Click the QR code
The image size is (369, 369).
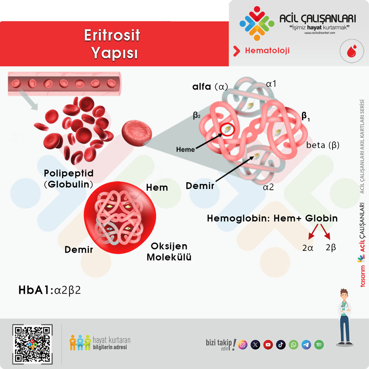32,344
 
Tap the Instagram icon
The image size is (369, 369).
243,345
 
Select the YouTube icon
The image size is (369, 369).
268,345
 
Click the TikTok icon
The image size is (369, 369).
281,345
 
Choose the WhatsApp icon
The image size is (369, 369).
293,345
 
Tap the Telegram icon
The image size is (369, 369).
306,345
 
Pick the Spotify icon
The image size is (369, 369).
319,345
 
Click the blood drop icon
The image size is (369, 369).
352,51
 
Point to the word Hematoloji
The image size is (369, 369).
267,50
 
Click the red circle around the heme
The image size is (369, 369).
227,129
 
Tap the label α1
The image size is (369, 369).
271,84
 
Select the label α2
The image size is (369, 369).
268,187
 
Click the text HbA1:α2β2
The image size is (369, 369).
50,290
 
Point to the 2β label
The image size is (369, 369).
331,247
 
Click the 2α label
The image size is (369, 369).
308,248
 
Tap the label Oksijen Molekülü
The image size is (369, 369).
169,252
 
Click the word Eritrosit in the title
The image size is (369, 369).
112,35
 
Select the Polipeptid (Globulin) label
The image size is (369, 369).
69,179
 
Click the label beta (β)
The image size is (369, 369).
323,145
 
